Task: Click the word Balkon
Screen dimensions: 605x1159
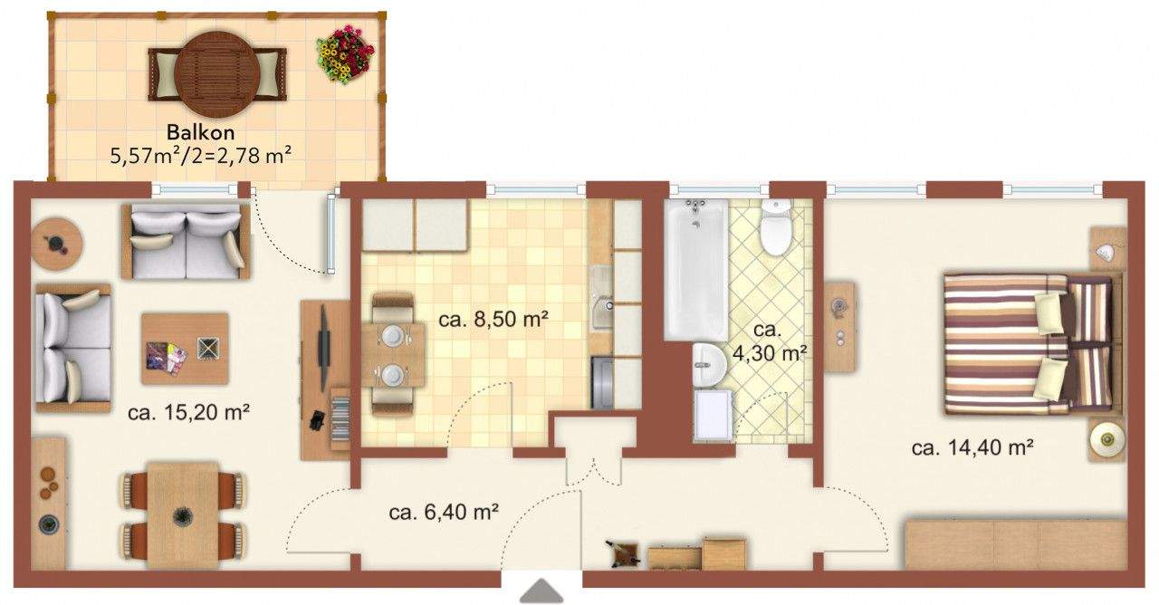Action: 200,133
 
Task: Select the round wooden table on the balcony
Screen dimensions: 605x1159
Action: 216,70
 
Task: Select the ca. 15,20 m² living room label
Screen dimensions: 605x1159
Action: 188,413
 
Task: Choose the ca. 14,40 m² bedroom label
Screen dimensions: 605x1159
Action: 973,447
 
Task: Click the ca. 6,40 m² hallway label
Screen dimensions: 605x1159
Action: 445,513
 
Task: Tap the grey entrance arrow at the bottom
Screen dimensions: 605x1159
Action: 541,590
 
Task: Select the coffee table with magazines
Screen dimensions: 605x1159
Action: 185,349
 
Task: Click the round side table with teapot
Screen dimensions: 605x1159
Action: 57,244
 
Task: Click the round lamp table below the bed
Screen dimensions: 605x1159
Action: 1106,441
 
